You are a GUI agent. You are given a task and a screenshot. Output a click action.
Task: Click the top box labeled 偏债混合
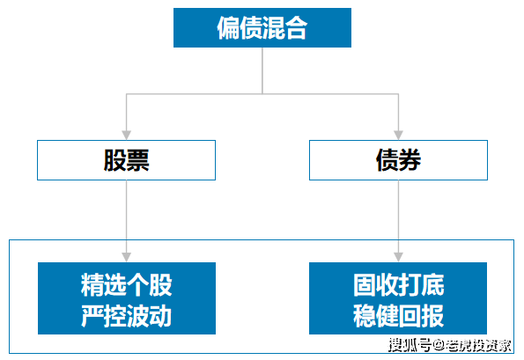262,27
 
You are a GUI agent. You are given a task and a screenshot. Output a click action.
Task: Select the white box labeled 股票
126,160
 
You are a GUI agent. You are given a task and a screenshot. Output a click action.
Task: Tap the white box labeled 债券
398,160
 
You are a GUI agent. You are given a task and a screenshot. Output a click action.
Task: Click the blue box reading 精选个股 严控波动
126,298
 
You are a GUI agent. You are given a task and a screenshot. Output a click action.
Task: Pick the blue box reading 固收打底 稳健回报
398,298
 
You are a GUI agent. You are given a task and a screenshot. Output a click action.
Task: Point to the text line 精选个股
126,285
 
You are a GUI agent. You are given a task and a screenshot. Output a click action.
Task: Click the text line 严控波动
126,314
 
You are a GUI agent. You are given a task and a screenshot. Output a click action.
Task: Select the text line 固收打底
398,285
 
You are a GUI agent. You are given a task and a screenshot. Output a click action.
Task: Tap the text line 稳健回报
398,314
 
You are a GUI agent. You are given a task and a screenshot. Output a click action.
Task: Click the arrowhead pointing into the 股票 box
126,135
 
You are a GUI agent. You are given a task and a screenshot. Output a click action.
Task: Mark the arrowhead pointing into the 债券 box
398,135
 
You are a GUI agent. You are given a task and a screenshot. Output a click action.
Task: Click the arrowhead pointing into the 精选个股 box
126,256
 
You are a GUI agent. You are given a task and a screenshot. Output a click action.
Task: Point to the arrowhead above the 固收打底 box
398,256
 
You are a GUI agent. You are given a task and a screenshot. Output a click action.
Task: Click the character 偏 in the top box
228,27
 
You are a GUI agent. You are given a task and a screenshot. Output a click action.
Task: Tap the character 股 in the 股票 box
114,160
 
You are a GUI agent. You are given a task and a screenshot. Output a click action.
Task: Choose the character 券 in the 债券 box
410,160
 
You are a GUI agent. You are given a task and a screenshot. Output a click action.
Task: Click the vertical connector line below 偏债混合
262,70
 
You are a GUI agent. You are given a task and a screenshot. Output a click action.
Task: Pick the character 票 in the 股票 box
137,160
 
